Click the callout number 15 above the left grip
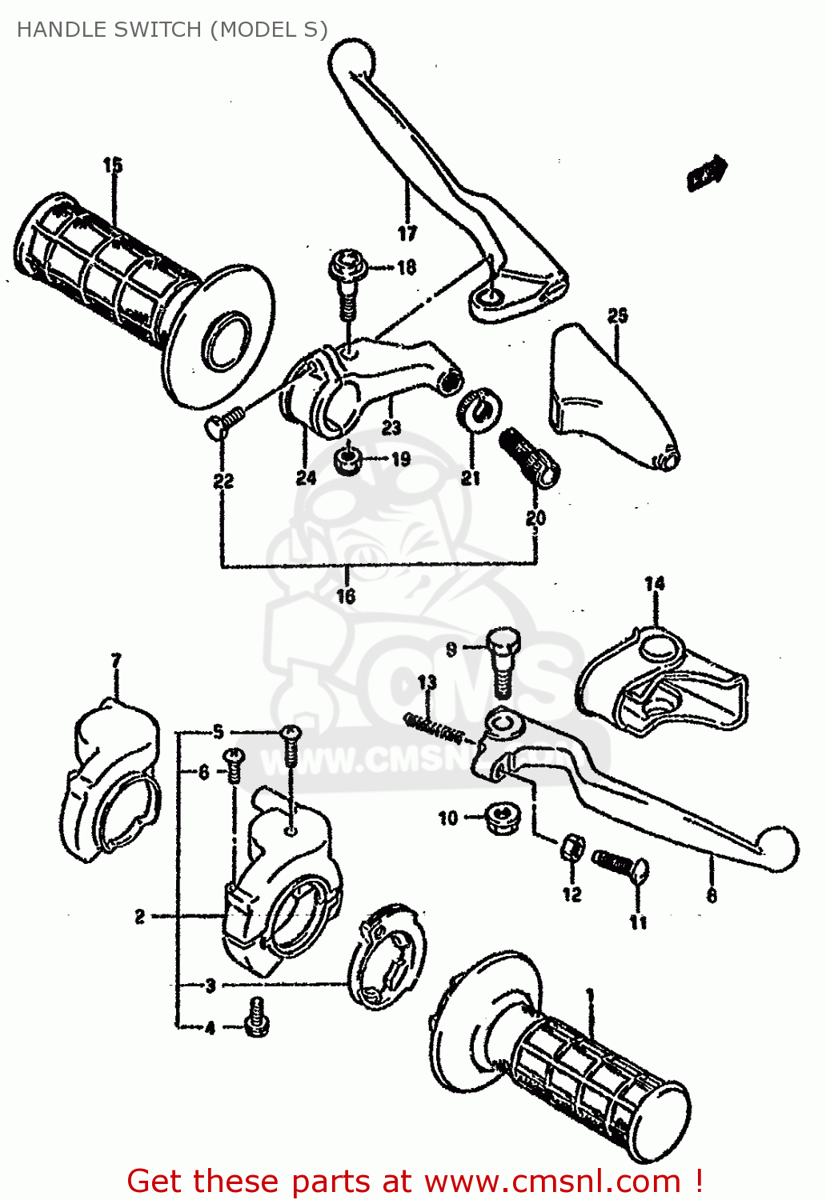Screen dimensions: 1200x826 point(113,166)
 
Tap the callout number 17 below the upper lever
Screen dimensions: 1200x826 point(407,234)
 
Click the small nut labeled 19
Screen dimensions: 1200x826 point(347,461)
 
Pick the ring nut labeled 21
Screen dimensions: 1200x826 point(479,409)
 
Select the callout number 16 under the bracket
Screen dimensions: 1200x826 point(346,597)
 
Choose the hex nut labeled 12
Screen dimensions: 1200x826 point(573,848)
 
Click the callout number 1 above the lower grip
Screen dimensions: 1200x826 point(590,996)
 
